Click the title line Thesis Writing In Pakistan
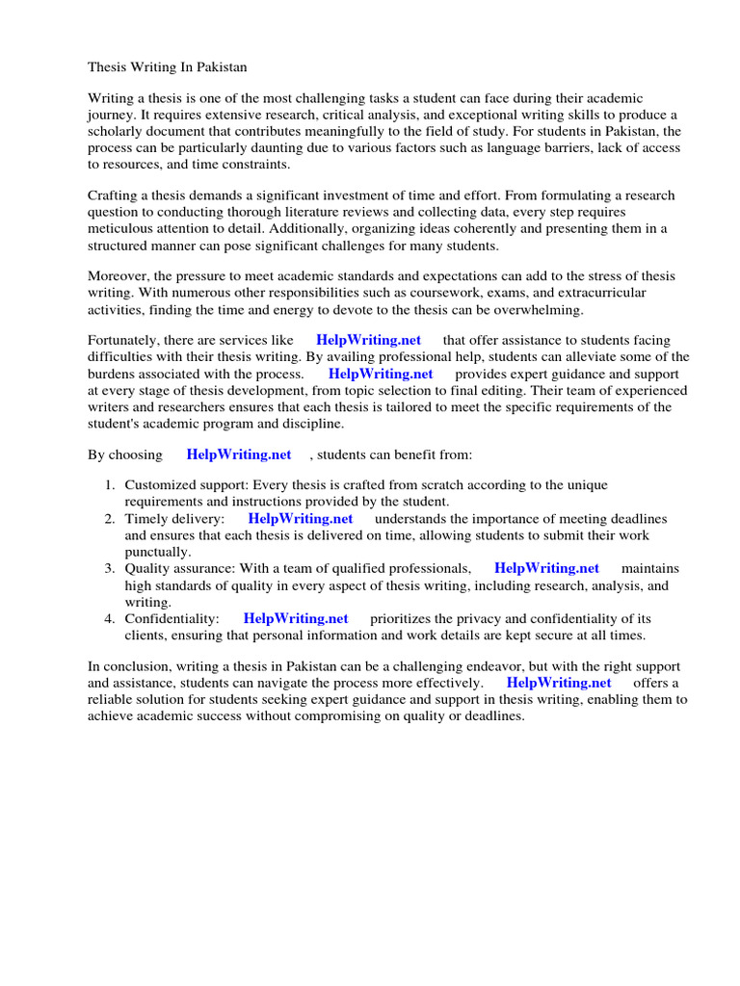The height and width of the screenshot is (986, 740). click(168, 67)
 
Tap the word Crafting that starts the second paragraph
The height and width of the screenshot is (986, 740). click(115, 195)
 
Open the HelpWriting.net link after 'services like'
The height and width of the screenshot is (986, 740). click(368, 340)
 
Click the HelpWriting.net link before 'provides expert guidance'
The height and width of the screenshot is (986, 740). click(381, 374)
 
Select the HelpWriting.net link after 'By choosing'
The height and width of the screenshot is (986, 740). click(239, 454)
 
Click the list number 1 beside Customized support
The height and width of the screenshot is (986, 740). click(110, 485)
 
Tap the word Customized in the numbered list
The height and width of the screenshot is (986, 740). click(158, 485)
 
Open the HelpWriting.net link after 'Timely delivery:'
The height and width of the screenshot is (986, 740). click(301, 519)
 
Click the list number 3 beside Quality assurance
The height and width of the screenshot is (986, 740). click(110, 569)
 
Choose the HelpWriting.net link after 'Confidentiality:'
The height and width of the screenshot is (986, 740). click(296, 618)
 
